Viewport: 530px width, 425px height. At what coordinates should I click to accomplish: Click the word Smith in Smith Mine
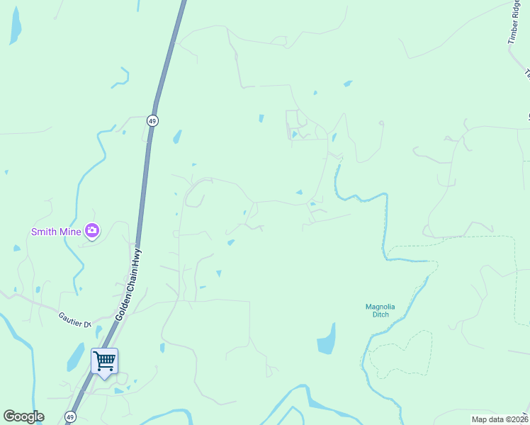[44, 232]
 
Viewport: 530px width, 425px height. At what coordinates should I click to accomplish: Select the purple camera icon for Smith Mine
[91, 230]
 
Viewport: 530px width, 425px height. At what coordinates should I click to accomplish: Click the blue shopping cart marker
[104, 361]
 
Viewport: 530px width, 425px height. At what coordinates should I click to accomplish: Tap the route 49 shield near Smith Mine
[152, 120]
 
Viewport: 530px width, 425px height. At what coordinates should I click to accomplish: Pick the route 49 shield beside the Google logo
[71, 416]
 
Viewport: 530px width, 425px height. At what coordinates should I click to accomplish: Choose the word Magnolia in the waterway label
[380, 307]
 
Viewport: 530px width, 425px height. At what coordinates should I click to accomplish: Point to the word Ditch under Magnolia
[380, 314]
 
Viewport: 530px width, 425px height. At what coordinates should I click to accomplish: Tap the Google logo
[23, 416]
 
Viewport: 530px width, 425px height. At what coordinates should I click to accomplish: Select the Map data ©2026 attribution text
[499, 419]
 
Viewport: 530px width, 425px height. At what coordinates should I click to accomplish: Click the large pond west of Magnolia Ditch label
[327, 339]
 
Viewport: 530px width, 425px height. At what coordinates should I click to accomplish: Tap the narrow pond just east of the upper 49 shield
[176, 137]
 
